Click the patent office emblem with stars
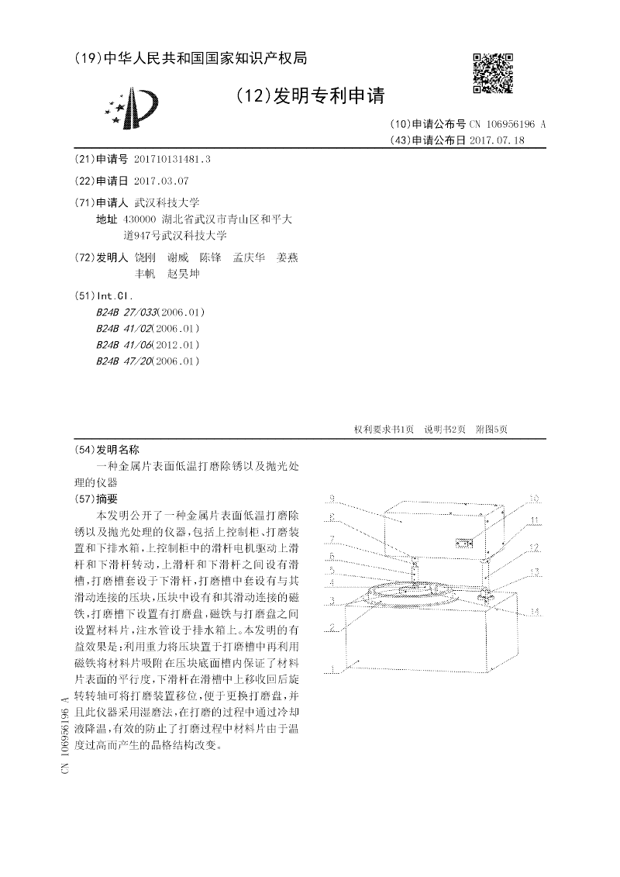click(134, 109)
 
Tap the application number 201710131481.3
click(172, 158)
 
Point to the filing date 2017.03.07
click(161, 181)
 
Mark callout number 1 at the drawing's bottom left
click(331, 669)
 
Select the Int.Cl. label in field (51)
click(114, 295)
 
